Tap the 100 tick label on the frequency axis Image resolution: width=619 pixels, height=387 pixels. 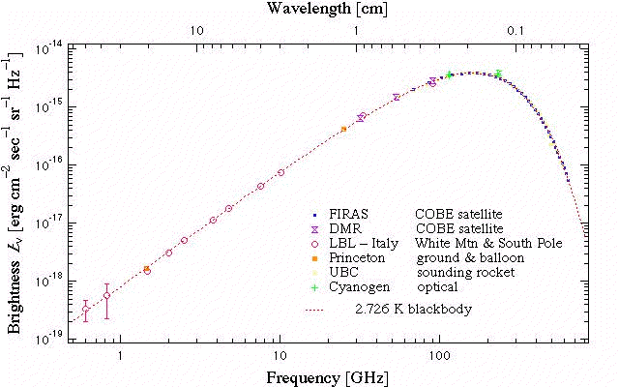[439, 354]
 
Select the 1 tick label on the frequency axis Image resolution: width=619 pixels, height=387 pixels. [120, 354]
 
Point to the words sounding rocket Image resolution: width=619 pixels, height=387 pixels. [461, 274]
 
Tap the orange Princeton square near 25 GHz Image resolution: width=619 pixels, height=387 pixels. [343, 129]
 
